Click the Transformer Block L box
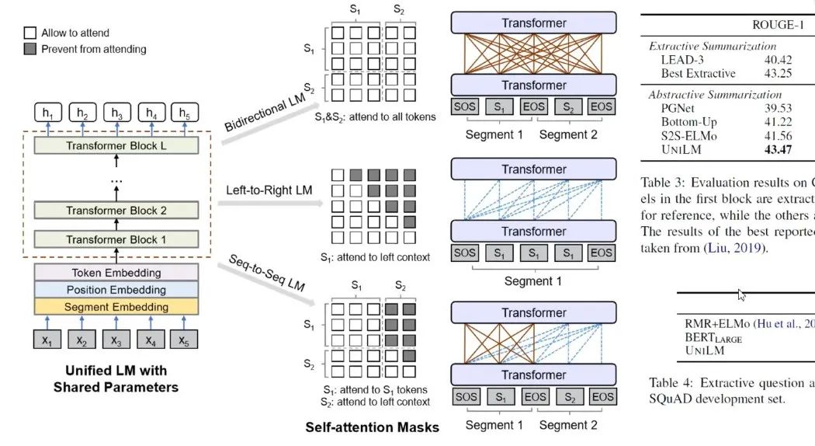pos(116,145)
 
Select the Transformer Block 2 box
pos(116,210)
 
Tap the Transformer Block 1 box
pos(116,239)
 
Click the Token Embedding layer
pos(116,273)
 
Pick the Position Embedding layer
pos(116,290)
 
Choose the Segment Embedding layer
pos(116,307)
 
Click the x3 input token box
pos(116,340)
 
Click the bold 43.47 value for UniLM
pos(778,149)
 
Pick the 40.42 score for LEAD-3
pos(778,59)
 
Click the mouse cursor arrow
pos(741,295)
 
